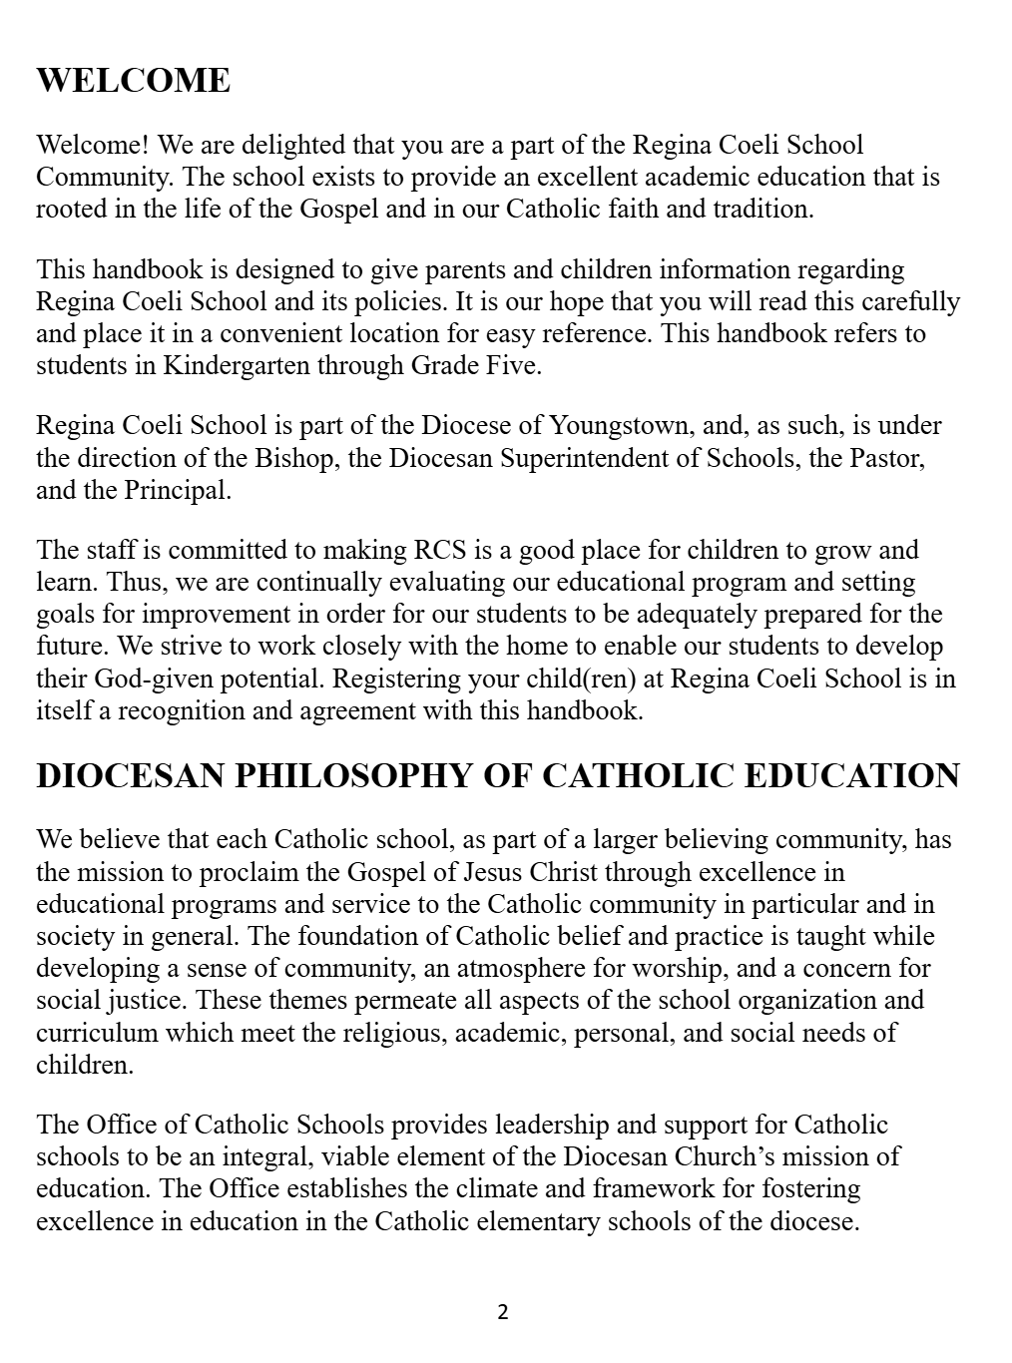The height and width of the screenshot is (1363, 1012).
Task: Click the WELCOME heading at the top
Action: click(133, 81)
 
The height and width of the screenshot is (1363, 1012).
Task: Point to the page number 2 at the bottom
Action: click(502, 1312)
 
